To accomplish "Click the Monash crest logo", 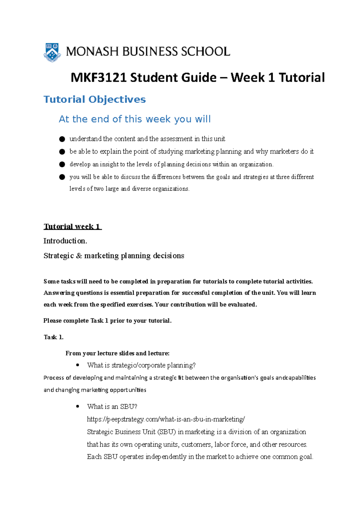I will pyautogui.click(x=52, y=52).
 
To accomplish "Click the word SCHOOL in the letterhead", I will pyautogui.click(x=205, y=52).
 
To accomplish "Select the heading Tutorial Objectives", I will pyautogui.click(x=94, y=99).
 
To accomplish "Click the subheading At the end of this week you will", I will pyautogui.click(x=135, y=119).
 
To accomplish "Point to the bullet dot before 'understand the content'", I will pyautogui.click(x=62, y=139).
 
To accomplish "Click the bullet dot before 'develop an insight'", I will pyautogui.click(x=62, y=164).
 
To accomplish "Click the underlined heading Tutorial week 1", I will pyautogui.click(x=72, y=226).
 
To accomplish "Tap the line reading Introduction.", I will pyautogui.click(x=65, y=241).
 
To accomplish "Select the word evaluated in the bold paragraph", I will pyautogui.click(x=242, y=305).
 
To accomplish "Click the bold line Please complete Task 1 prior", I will pyautogui.click(x=107, y=321).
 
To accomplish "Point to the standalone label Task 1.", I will pyautogui.click(x=53, y=337).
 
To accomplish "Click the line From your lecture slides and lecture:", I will pyautogui.click(x=117, y=353).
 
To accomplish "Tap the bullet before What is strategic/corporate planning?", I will pyautogui.click(x=78, y=365).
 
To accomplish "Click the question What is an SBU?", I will pyautogui.click(x=112, y=407).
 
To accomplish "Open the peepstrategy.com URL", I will pyautogui.click(x=166, y=419).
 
